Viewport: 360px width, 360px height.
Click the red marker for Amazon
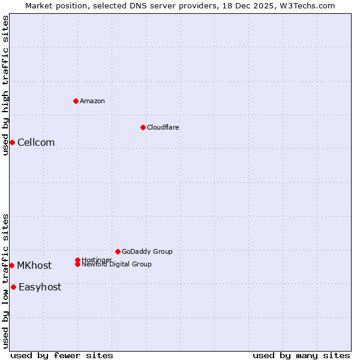pyautogui.click(x=76, y=101)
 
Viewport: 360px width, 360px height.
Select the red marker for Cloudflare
pyautogui.click(x=143, y=127)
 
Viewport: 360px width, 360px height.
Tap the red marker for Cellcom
pyautogui.click(x=12, y=142)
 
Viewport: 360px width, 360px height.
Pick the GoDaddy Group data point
pyautogui.click(x=118, y=251)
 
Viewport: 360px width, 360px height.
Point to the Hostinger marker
pyautogui.click(x=78, y=260)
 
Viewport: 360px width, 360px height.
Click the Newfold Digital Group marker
pyautogui.click(x=78, y=264)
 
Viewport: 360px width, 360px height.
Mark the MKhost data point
pyautogui.click(x=11, y=265)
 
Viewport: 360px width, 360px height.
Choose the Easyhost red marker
pyautogui.click(x=13, y=287)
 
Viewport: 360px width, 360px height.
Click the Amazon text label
pyautogui.click(x=92, y=101)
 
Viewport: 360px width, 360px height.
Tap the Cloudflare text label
pyautogui.click(x=163, y=127)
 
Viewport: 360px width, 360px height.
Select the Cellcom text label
pyautogui.click(x=36, y=142)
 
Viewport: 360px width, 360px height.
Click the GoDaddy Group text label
pyautogui.click(x=147, y=251)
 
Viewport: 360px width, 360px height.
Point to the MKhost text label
pyautogui.click(x=34, y=265)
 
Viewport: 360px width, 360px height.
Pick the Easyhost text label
pyautogui.click(x=40, y=287)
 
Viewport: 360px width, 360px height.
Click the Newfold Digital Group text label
pyautogui.click(x=116, y=265)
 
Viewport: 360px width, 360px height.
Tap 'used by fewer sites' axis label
pyautogui.click(x=62, y=355)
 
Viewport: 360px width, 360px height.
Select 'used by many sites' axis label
pyautogui.click(x=301, y=355)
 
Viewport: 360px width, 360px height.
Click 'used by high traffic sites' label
pyautogui.click(x=5, y=85)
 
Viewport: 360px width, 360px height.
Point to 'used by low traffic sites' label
pyautogui.click(x=5, y=281)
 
